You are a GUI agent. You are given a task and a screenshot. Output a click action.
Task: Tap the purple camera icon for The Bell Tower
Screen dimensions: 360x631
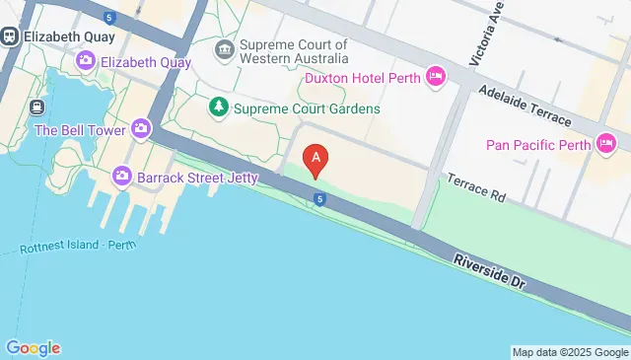tap(141, 128)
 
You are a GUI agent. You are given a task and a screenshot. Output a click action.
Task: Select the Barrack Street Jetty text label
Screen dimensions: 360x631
tap(197, 178)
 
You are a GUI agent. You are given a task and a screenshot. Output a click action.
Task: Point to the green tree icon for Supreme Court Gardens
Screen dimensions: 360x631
tap(217, 107)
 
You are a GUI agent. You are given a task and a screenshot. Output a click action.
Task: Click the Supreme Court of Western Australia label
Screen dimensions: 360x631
tap(293, 52)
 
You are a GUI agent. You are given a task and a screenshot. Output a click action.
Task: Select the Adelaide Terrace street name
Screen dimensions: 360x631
tap(524, 105)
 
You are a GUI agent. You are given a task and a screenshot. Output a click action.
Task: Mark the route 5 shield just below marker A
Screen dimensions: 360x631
tap(321, 200)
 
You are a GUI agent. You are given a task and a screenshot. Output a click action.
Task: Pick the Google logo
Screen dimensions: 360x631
tap(33, 348)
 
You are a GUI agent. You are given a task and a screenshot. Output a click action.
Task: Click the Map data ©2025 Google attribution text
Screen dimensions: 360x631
tap(570, 352)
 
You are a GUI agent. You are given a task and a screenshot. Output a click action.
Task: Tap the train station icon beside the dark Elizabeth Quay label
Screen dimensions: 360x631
tap(9, 36)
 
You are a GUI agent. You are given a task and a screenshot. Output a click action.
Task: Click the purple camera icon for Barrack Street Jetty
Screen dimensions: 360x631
tap(122, 177)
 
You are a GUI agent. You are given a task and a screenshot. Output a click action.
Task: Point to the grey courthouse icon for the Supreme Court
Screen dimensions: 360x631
tap(226, 49)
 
